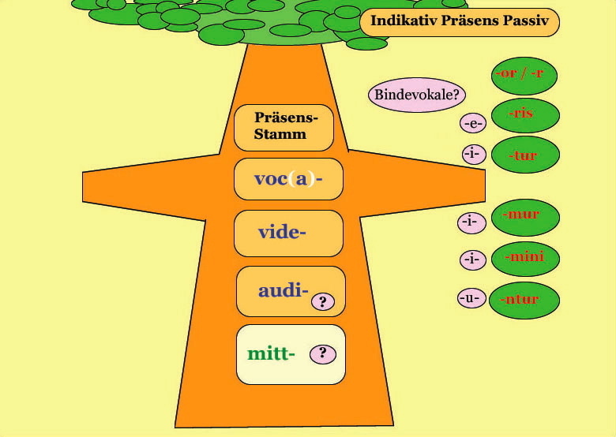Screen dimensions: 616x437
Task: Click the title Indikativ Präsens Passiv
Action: point(460,21)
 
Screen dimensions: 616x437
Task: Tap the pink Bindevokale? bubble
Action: point(417,95)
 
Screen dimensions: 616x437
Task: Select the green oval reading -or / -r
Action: point(524,76)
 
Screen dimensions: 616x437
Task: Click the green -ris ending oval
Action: point(525,115)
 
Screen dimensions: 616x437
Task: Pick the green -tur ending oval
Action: point(525,155)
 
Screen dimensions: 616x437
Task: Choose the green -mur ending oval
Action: point(525,218)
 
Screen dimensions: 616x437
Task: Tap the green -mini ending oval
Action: point(525,259)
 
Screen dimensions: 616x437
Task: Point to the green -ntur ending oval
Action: point(525,300)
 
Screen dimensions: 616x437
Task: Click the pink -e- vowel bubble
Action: point(473,124)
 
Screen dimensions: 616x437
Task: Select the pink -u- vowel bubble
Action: point(471,298)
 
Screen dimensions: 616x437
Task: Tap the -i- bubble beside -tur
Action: point(474,154)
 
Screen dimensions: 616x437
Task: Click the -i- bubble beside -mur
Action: point(471,222)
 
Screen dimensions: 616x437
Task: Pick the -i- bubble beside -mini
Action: point(472,260)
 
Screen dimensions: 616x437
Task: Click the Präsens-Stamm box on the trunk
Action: point(284,128)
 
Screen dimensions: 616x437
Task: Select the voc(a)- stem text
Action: point(288,179)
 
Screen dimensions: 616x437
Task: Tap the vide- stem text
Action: point(282,232)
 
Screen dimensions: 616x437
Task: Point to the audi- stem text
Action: point(284,290)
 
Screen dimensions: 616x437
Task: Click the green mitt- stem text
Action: point(271,353)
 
